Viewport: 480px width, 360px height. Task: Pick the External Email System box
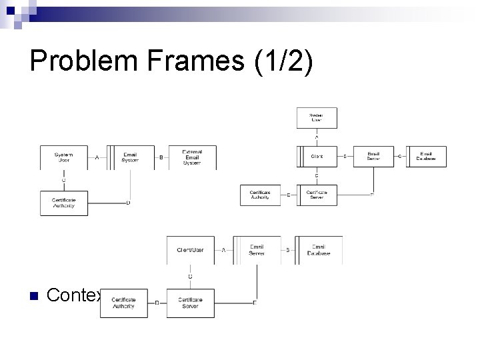click(x=193, y=157)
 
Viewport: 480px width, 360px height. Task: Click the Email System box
click(x=131, y=157)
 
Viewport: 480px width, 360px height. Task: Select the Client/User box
click(x=190, y=249)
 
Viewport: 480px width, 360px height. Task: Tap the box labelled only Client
click(x=317, y=156)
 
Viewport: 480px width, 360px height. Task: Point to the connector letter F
click(x=371, y=195)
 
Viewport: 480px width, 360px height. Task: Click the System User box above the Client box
click(x=317, y=118)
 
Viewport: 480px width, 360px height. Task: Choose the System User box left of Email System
click(x=64, y=157)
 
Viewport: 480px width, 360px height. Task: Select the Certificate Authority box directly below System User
click(x=64, y=203)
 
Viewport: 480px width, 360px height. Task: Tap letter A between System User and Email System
click(x=97, y=158)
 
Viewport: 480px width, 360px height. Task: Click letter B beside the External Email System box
click(x=161, y=158)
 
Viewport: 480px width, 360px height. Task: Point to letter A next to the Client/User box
click(x=223, y=250)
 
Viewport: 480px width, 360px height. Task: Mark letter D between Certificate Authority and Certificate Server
click(x=157, y=303)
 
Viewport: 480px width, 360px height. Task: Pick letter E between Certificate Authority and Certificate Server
click(x=288, y=195)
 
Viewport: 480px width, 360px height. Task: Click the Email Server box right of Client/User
click(x=256, y=249)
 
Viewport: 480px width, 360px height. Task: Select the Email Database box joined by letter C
click(x=427, y=156)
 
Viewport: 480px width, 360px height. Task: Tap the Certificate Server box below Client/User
click(x=190, y=303)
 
